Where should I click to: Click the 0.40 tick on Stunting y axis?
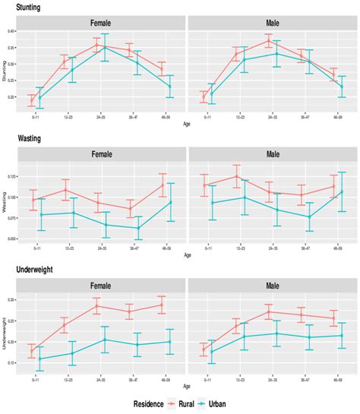coord(11,31)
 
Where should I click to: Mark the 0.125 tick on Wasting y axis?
coord(9,177)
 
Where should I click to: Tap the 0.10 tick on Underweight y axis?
coord(11,362)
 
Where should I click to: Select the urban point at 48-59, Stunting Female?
coord(171,86)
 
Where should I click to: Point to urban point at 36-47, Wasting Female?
coord(138,228)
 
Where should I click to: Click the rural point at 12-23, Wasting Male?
coord(238,176)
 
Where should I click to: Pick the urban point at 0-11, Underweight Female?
coord(39,359)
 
